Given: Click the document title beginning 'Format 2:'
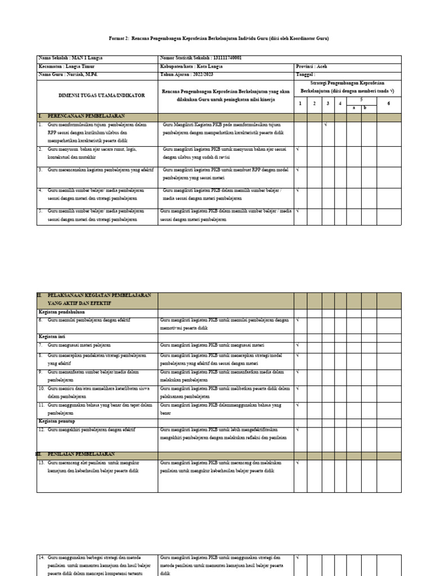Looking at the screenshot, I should pyautogui.click(x=218, y=38).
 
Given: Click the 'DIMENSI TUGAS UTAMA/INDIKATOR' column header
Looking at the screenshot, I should pyautogui.click(x=96, y=96).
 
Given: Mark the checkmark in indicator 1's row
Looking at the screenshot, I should pyautogui.click(x=326, y=125).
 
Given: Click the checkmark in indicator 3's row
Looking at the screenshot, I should pyautogui.click(x=298, y=169).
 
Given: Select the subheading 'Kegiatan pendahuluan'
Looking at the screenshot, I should pyautogui.click(x=62, y=311).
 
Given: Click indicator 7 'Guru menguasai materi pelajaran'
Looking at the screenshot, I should pyautogui.click(x=79, y=345).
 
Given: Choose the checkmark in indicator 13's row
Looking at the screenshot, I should pyautogui.click(x=298, y=463).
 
